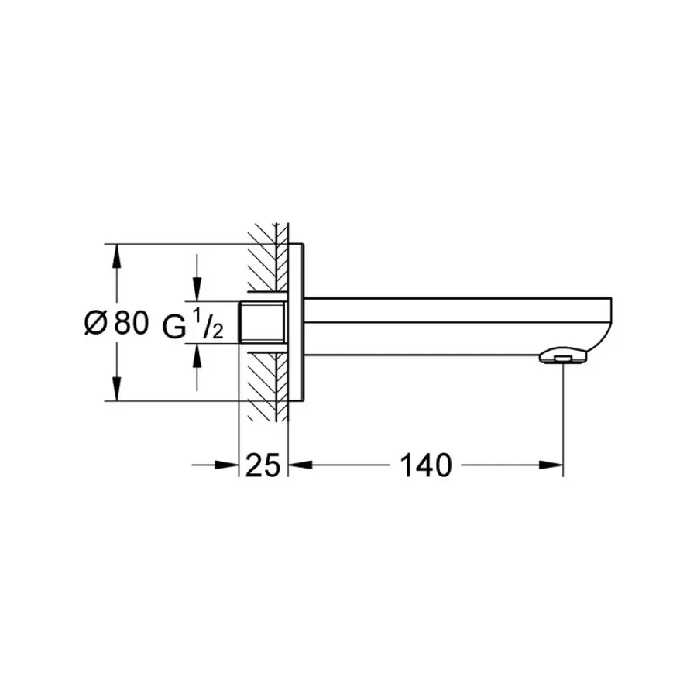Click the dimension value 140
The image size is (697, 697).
pos(425,465)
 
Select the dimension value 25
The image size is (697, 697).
pos(263,465)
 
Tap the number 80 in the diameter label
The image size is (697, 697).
pos(131,323)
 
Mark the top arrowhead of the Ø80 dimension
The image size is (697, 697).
pos(117,256)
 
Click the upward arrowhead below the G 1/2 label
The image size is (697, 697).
pos(197,355)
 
